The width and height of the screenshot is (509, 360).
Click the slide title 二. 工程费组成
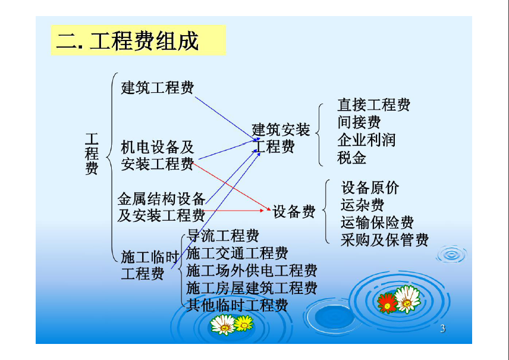point(127,41)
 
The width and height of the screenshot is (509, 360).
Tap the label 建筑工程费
point(158,87)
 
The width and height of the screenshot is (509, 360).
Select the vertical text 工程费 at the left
point(92,154)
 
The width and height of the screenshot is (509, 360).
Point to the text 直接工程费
point(373,105)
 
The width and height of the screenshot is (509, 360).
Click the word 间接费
point(359,123)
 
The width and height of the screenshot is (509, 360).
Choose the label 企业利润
point(366,140)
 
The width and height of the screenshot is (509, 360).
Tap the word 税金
point(351,158)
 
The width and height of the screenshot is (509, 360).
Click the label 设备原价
point(370,188)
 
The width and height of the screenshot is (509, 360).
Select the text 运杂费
point(362,205)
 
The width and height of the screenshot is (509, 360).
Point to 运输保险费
point(377,223)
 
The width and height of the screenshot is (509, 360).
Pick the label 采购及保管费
point(384,240)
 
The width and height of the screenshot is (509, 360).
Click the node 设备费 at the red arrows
point(294,211)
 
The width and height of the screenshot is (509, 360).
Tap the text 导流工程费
point(222,236)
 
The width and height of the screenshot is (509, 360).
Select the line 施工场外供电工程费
point(252,271)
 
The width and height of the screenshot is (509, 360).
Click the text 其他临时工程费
point(237,306)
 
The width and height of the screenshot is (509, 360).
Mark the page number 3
point(443,329)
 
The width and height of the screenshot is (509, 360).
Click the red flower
point(387,303)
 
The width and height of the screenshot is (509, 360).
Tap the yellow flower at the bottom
point(243,323)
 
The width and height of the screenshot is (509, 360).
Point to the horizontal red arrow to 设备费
point(234,211)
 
